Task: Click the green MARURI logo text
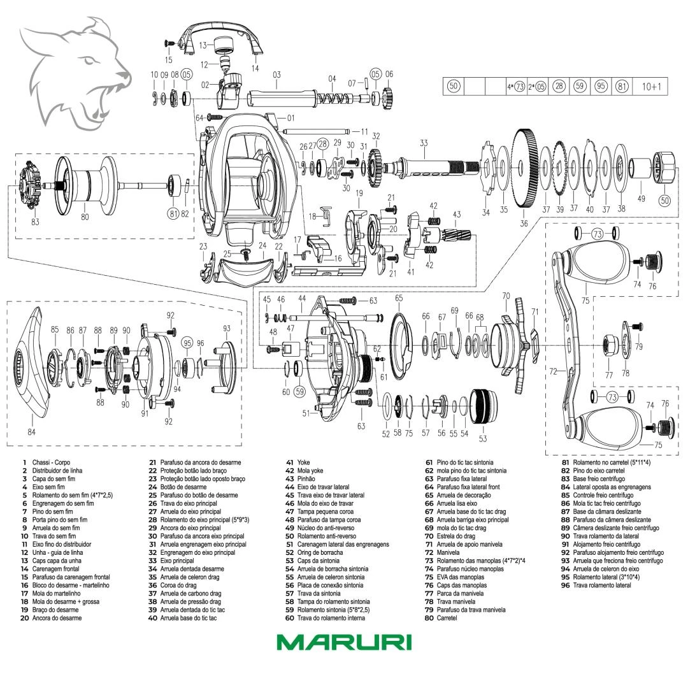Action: click(x=344, y=641)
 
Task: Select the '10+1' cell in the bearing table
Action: click(x=651, y=86)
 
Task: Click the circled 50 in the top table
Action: click(x=454, y=86)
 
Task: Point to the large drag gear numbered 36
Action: click(x=524, y=168)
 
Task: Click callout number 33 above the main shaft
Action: click(x=424, y=143)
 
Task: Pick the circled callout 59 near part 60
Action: click(x=299, y=392)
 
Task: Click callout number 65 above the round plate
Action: click(x=399, y=298)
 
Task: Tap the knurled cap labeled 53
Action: click(x=482, y=406)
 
